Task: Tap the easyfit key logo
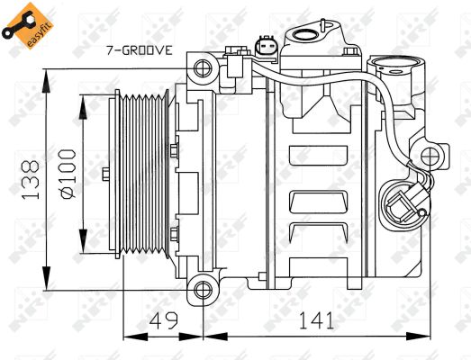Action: tap(23, 23)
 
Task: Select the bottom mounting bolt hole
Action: tap(203, 290)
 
